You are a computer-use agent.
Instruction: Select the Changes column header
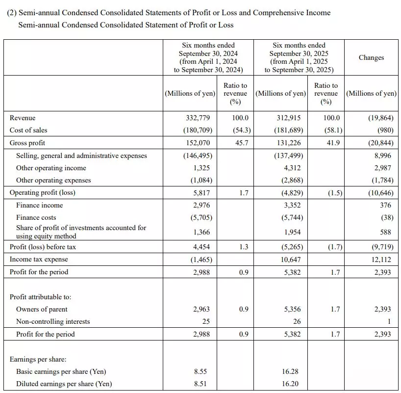[x=371, y=57]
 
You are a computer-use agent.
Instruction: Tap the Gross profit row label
[x=27, y=143]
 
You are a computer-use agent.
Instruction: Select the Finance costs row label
[x=36, y=217]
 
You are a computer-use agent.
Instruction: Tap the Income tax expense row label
[x=39, y=259]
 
